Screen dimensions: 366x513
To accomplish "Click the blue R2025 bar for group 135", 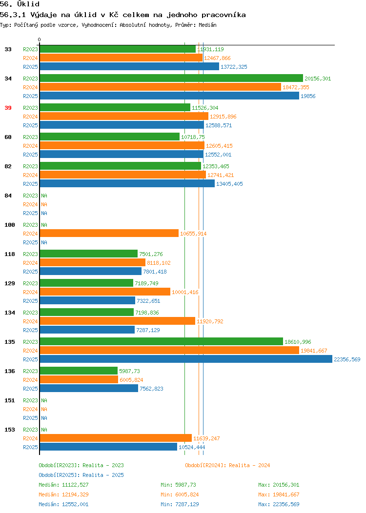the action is click(186, 359).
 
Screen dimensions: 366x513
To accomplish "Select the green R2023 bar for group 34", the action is click(172, 78).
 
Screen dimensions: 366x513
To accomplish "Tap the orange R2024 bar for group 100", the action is click(109, 233).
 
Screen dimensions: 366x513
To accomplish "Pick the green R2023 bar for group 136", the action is click(79, 371).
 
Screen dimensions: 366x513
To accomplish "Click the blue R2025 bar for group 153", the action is click(108, 447).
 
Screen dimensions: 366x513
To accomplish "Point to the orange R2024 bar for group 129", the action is click(105, 292).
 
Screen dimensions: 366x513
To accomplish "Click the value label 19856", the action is click(308, 96).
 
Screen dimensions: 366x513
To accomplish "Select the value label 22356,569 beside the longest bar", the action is click(347, 359).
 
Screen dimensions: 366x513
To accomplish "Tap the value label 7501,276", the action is click(151, 254).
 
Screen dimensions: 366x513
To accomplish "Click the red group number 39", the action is click(8, 108).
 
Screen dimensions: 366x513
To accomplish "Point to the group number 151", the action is click(9, 400).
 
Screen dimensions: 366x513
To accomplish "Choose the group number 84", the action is click(8, 196).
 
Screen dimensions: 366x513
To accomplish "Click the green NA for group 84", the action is click(44, 196).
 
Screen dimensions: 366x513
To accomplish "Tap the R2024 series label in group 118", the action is click(30, 263).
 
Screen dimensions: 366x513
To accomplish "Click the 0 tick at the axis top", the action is click(40, 40).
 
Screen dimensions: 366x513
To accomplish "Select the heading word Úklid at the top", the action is click(28, 4).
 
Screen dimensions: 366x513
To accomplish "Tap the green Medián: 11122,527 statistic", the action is click(63, 485).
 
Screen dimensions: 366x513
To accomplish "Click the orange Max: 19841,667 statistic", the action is click(279, 494).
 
